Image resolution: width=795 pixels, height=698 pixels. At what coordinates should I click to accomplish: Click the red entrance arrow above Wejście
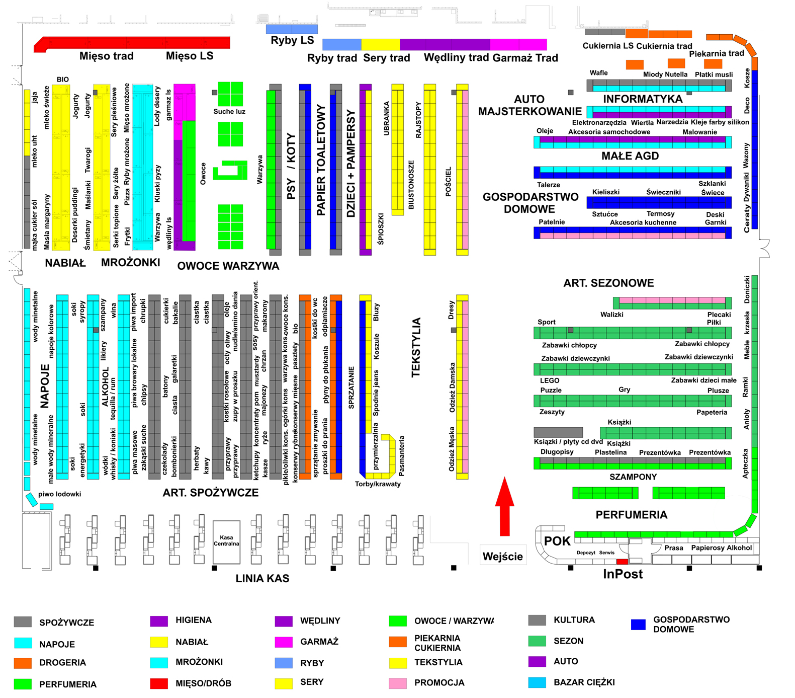[x=504, y=506]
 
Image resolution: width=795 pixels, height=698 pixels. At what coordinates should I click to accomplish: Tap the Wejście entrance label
[x=503, y=556]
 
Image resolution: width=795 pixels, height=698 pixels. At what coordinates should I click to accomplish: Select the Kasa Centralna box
[x=226, y=542]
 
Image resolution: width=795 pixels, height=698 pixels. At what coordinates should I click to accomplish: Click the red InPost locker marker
[x=622, y=562]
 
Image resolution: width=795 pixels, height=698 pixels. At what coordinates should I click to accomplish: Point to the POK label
[x=557, y=541]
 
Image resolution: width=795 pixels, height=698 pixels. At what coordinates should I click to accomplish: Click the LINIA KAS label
[x=262, y=579]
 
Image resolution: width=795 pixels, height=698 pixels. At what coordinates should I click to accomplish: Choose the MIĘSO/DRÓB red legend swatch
[x=159, y=683]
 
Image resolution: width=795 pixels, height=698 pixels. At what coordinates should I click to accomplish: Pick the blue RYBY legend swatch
[x=284, y=663]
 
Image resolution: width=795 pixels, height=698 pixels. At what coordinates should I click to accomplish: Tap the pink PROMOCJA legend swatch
[x=398, y=683]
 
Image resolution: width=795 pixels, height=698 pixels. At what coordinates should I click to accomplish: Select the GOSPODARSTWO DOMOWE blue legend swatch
[x=638, y=625]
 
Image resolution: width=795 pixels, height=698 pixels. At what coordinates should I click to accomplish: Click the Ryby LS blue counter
[x=292, y=29]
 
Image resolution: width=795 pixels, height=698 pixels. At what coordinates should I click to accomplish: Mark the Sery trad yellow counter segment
[x=381, y=44]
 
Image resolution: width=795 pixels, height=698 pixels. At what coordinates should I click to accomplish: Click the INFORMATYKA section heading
[x=643, y=99]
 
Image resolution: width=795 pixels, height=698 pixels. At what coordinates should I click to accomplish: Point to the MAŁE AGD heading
[x=630, y=156]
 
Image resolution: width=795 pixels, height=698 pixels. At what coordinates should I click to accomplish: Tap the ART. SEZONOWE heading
[x=608, y=283]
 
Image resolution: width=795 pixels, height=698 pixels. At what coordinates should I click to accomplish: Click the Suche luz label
[x=229, y=111]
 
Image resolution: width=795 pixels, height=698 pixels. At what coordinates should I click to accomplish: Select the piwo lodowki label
[x=59, y=494]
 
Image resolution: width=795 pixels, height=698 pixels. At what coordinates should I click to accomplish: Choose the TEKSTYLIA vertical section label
[x=416, y=347]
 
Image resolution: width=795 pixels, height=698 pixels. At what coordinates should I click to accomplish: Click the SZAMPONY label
[x=633, y=477]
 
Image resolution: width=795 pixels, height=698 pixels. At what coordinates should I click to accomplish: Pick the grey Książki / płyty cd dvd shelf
[x=558, y=432]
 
